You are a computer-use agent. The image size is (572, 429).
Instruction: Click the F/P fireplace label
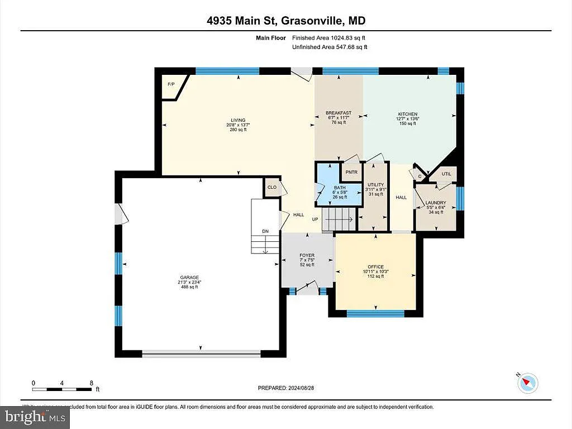[171, 84]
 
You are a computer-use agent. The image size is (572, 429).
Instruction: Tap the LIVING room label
[239, 120]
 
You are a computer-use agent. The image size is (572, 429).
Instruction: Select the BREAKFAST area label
[338, 113]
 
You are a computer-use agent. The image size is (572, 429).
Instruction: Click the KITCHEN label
[408, 114]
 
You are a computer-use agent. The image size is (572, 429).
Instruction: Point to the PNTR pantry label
[351, 173]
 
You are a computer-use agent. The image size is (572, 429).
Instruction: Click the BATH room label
[340, 188]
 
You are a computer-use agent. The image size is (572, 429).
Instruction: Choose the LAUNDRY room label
[435, 203]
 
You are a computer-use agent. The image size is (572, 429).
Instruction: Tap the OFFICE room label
[375, 267]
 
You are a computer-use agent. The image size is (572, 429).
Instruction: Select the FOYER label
[307, 256]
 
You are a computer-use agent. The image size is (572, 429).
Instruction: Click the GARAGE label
[189, 278]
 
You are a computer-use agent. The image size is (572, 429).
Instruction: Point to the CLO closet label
[272, 188]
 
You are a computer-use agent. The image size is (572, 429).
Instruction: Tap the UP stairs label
[315, 220]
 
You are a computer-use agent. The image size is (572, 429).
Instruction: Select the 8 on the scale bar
[91, 383]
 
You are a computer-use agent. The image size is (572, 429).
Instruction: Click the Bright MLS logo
[35, 416]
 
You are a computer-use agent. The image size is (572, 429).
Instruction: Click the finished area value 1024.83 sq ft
[346, 38]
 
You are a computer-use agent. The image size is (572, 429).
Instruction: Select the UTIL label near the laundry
[446, 174]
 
